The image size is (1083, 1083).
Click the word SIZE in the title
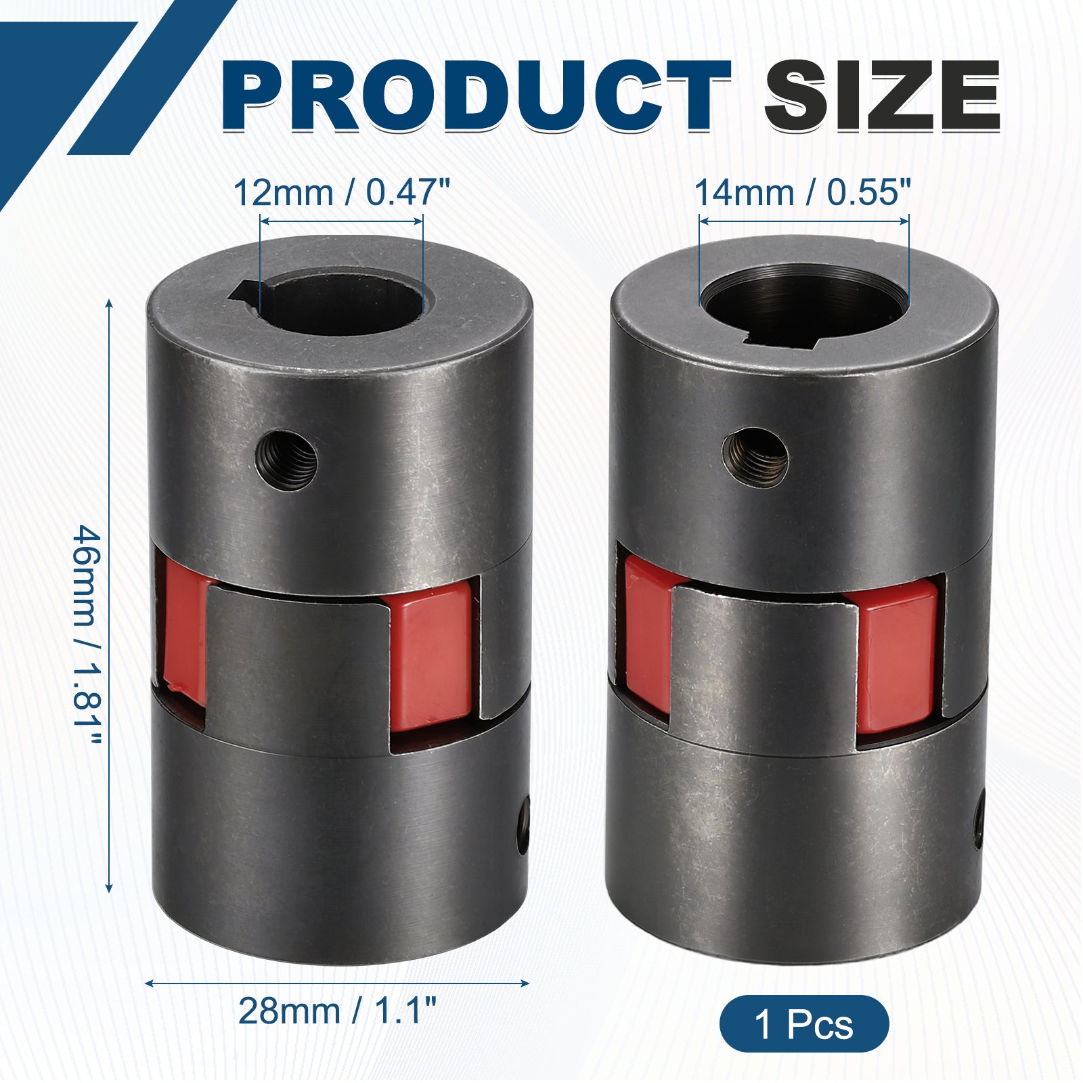point(883,95)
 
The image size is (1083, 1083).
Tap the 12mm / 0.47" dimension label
point(342,193)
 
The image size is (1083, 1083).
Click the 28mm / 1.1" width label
point(336,1011)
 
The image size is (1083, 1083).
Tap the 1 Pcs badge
point(803,1023)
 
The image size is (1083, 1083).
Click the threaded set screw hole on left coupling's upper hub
point(286,460)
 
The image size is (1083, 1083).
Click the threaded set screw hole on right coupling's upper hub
point(755,457)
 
